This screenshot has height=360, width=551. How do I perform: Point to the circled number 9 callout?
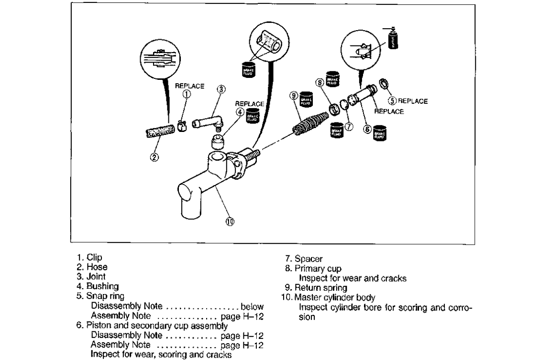[x=294, y=96]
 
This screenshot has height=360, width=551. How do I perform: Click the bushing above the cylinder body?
[x=219, y=142]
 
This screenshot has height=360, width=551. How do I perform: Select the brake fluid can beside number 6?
[x=380, y=131]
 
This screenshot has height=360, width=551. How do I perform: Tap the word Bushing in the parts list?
[x=96, y=287]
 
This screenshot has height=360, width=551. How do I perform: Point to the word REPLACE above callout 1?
[x=190, y=86]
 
